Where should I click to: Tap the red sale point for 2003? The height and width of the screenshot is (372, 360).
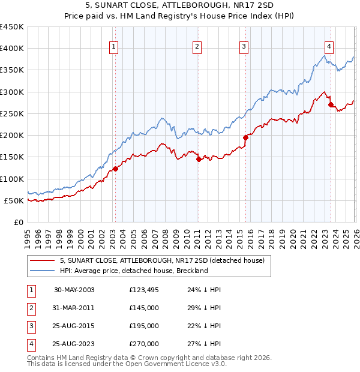[116, 169]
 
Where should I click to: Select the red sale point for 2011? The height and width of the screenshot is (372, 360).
[199, 159]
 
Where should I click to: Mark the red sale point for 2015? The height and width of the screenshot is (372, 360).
[245, 137]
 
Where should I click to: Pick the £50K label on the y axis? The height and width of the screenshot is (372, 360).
[14, 200]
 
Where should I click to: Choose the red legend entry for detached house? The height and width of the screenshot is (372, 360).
[166, 260]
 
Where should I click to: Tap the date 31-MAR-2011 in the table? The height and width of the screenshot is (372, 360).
[74, 308]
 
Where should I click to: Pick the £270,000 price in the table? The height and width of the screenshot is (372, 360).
[143, 344]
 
